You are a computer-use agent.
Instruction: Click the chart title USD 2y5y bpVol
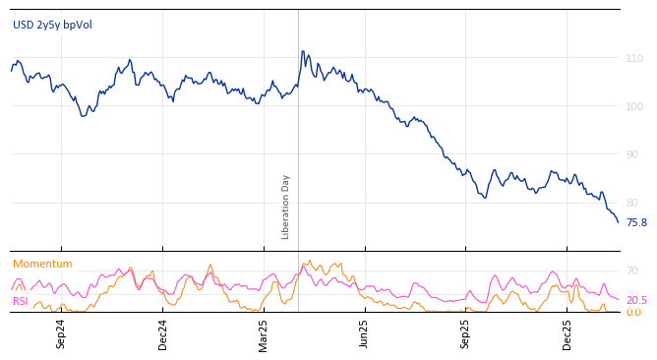tap(52, 25)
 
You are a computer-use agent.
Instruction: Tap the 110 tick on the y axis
tap(634, 59)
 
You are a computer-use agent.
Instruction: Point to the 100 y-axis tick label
tap(634, 106)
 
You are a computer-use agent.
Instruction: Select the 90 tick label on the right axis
tap(634, 154)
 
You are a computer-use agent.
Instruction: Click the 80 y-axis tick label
tap(634, 203)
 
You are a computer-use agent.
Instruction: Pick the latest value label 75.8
tap(636, 223)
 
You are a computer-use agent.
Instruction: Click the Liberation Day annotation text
tap(286, 207)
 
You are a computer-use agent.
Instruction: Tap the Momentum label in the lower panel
tap(42, 264)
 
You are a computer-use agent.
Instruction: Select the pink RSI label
tap(20, 301)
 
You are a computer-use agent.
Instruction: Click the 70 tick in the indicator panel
tap(632, 270)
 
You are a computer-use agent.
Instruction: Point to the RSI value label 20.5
tap(636, 300)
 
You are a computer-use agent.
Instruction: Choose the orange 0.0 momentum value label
tap(633, 312)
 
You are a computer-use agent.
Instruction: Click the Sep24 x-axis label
tap(61, 333)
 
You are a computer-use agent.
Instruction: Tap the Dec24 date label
tap(163, 333)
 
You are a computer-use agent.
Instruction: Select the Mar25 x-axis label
tap(264, 333)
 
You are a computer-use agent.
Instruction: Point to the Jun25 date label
tap(364, 333)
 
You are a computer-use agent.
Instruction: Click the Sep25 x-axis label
tap(465, 333)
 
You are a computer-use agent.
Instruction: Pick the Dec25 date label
tap(567, 333)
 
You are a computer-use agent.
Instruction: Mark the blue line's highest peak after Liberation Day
tap(302, 51)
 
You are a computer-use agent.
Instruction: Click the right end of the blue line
tap(618, 222)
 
